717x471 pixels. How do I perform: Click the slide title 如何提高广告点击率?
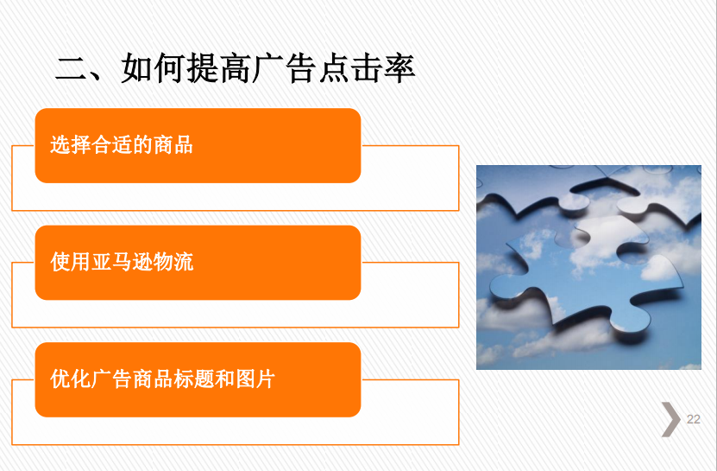tap(268, 69)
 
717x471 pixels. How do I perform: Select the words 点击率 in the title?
tap(368, 69)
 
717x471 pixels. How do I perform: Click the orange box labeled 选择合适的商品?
tap(198, 146)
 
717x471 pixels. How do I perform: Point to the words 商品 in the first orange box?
tap(173, 145)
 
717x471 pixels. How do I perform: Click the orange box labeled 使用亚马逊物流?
tap(198, 263)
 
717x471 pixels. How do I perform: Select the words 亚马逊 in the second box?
tap(122, 262)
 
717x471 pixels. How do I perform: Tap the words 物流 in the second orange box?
tap(173, 262)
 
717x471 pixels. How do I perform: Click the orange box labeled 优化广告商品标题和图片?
tap(198, 379)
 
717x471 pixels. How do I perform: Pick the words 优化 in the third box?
tap(71, 379)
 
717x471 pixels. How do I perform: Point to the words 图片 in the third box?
tap(255, 379)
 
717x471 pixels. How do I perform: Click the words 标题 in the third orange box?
tap(194, 379)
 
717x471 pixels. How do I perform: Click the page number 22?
tap(693, 419)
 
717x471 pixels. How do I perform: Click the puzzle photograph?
tap(588, 267)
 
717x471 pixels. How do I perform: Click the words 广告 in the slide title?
tap(285, 69)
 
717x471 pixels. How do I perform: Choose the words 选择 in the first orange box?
tap(71, 145)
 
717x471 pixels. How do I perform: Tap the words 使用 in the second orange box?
tap(71, 262)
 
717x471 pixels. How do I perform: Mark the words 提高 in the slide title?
tap(219, 69)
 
